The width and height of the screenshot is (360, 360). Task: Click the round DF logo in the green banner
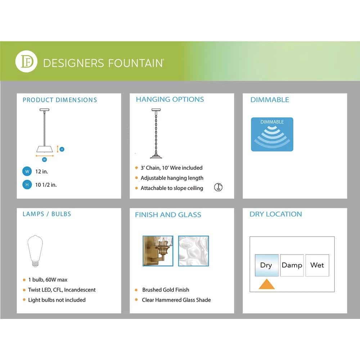coord(26,62)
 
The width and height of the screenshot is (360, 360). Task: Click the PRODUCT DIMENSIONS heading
coord(60,100)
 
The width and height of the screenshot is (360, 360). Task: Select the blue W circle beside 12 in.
coord(26,171)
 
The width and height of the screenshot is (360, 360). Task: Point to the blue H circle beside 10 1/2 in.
coord(26,185)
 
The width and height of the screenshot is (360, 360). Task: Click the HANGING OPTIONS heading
coord(170,99)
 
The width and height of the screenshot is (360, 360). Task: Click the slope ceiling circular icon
coord(218,187)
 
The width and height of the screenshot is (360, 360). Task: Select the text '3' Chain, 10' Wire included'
coord(171,168)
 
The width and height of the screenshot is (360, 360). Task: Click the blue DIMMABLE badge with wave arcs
coord(272,134)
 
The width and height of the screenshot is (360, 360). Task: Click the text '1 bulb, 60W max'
coord(48,280)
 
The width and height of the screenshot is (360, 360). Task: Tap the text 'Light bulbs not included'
coord(57,300)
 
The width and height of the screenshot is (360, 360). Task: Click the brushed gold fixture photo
coord(158,251)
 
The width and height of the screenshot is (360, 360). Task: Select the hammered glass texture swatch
coord(193,251)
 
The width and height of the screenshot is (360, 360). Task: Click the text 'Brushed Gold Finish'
coord(166,290)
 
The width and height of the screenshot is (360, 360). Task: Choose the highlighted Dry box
coord(266,265)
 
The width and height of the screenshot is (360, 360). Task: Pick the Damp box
coord(292,265)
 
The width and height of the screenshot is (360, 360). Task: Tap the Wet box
coord(317,265)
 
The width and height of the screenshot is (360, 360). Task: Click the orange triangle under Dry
coord(266,284)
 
